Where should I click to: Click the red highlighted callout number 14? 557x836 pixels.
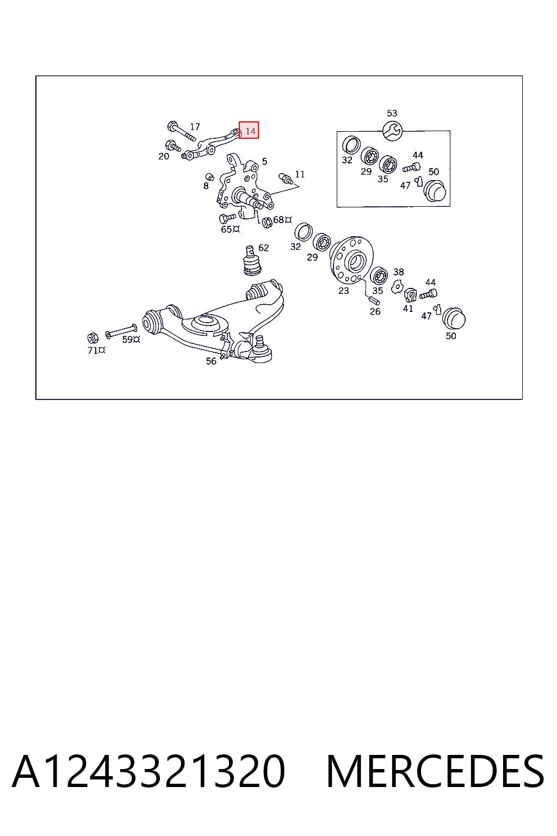[x=250, y=131]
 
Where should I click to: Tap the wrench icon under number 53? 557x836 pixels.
[x=393, y=131]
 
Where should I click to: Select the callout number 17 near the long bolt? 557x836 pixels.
[x=195, y=127]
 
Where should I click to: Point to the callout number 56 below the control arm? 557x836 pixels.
[x=211, y=361]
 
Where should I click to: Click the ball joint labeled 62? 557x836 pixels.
[x=251, y=261]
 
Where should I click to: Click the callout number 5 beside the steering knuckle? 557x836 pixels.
[x=264, y=161]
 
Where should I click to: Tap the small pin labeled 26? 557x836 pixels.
[x=374, y=300]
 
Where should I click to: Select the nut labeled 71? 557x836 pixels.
[x=92, y=338]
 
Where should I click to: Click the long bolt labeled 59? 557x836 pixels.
[x=121, y=331]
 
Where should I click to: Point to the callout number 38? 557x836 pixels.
[x=399, y=272]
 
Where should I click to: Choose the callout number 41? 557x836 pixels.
[x=408, y=309]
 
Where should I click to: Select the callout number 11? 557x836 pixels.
[x=300, y=174]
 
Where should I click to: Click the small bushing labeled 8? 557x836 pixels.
[x=209, y=176]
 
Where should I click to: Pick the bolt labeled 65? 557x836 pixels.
[x=227, y=217]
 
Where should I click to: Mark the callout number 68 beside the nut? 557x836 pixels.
[x=278, y=219]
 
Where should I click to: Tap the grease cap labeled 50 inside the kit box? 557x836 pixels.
[x=435, y=190]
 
